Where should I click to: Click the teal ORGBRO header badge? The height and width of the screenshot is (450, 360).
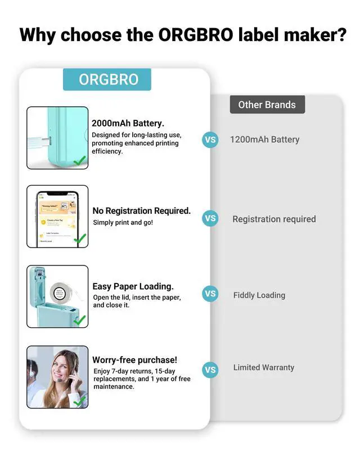107,79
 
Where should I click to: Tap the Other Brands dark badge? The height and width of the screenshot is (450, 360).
267,105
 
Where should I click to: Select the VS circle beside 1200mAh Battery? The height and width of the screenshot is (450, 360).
210,139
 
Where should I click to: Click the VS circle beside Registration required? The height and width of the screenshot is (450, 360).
210,219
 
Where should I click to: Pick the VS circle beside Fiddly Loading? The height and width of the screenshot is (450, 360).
210,294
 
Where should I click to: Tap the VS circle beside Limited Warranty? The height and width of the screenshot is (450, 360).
210,370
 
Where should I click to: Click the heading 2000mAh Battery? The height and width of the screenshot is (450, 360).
128,123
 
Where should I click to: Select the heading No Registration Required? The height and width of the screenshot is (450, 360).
142,211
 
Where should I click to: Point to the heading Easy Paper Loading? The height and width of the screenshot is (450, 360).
133,286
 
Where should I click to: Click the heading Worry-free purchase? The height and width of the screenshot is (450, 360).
134,359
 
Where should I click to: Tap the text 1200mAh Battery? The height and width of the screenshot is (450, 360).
264,139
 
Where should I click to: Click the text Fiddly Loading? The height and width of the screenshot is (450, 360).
259,295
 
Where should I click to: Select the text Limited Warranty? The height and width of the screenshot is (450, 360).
264,367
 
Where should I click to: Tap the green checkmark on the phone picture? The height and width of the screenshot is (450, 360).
80,238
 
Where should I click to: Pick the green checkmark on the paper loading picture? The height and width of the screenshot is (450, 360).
80,319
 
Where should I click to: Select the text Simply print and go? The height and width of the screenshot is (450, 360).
123,223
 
